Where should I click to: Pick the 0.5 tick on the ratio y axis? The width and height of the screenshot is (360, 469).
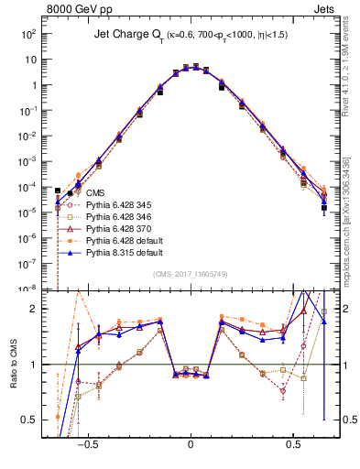tap(33, 420)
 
